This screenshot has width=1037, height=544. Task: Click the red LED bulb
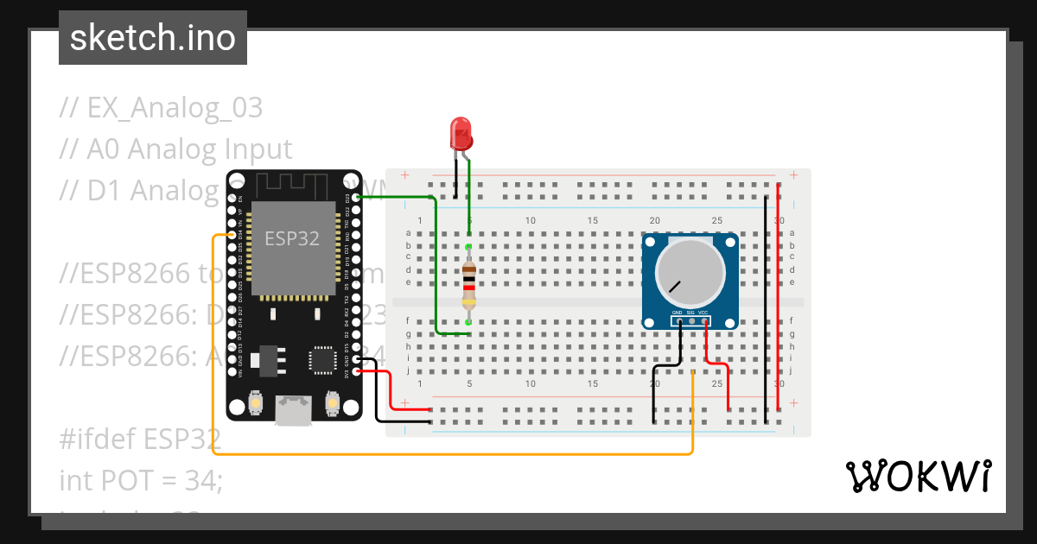click(x=461, y=135)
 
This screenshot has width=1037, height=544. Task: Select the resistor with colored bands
click(x=468, y=285)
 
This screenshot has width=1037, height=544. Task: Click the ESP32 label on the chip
click(x=292, y=239)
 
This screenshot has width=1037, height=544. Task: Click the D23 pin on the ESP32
click(x=356, y=198)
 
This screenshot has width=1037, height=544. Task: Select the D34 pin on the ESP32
click(x=232, y=235)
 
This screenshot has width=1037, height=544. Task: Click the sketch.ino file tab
click(x=153, y=38)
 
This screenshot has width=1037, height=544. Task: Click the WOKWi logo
click(x=918, y=476)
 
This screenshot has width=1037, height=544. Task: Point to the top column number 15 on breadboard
click(x=593, y=221)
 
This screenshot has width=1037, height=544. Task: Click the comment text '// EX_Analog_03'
click(x=161, y=109)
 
